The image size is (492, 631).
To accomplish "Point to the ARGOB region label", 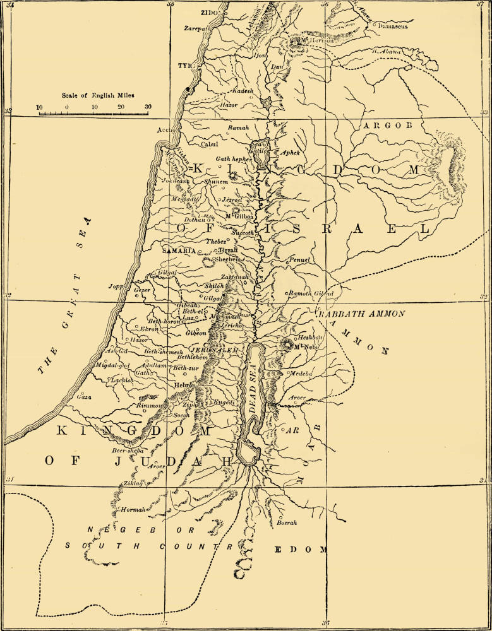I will tap(387, 126).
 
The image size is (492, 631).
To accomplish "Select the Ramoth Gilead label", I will tap(311, 294).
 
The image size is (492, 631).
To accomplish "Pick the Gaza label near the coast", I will tap(83, 398).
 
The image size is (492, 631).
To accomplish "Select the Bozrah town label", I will tap(287, 522).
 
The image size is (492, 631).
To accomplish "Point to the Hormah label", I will tap(132, 509).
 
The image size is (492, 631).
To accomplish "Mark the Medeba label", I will tap(300, 374).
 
